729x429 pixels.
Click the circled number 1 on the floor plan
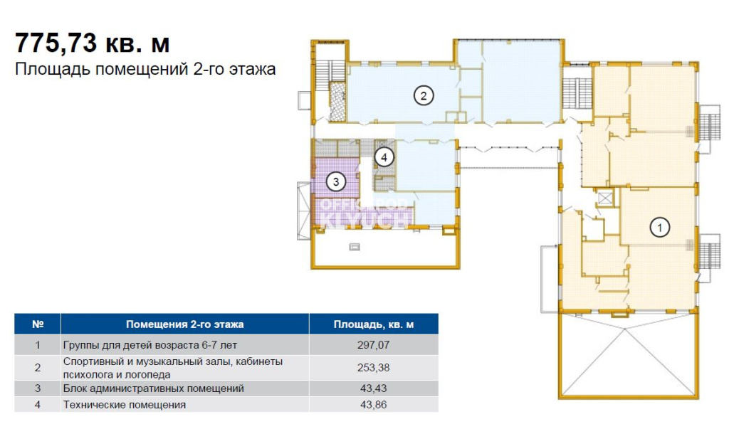tap(659, 228)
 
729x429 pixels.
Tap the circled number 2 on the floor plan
tap(423, 96)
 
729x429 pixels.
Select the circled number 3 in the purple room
tap(336, 181)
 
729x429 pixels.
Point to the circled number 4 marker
tap(384, 157)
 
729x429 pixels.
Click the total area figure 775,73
tap(56, 43)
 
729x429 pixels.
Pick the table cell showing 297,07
tap(373, 345)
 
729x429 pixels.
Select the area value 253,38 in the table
tap(373, 367)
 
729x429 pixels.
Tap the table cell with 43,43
tap(373, 388)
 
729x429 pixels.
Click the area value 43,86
tap(373, 404)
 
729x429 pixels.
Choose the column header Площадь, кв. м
tap(373, 324)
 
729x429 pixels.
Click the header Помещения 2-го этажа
tap(184, 324)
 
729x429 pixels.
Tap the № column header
tap(38, 324)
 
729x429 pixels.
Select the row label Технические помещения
tap(124, 405)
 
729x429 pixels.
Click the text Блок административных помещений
tap(154, 388)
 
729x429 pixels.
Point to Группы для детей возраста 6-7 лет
tap(150, 345)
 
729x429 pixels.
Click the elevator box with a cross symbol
tap(605, 198)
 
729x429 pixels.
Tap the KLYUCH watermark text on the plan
tap(364, 221)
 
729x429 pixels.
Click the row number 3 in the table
tap(38, 388)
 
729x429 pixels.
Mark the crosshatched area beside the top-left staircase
tap(337, 101)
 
